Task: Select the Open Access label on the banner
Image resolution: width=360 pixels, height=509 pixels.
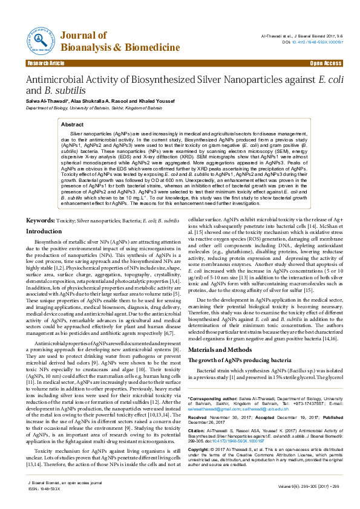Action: click(x=326, y=63)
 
